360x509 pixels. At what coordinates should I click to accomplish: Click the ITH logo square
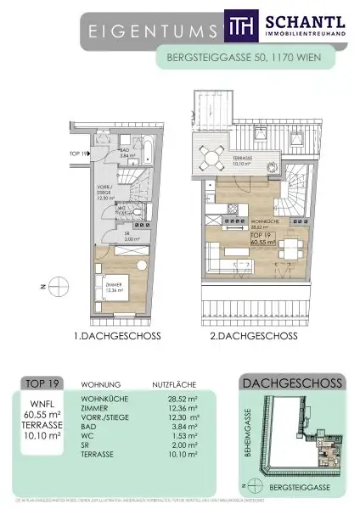(239, 27)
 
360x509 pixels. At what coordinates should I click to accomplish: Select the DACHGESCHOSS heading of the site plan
(292, 383)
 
